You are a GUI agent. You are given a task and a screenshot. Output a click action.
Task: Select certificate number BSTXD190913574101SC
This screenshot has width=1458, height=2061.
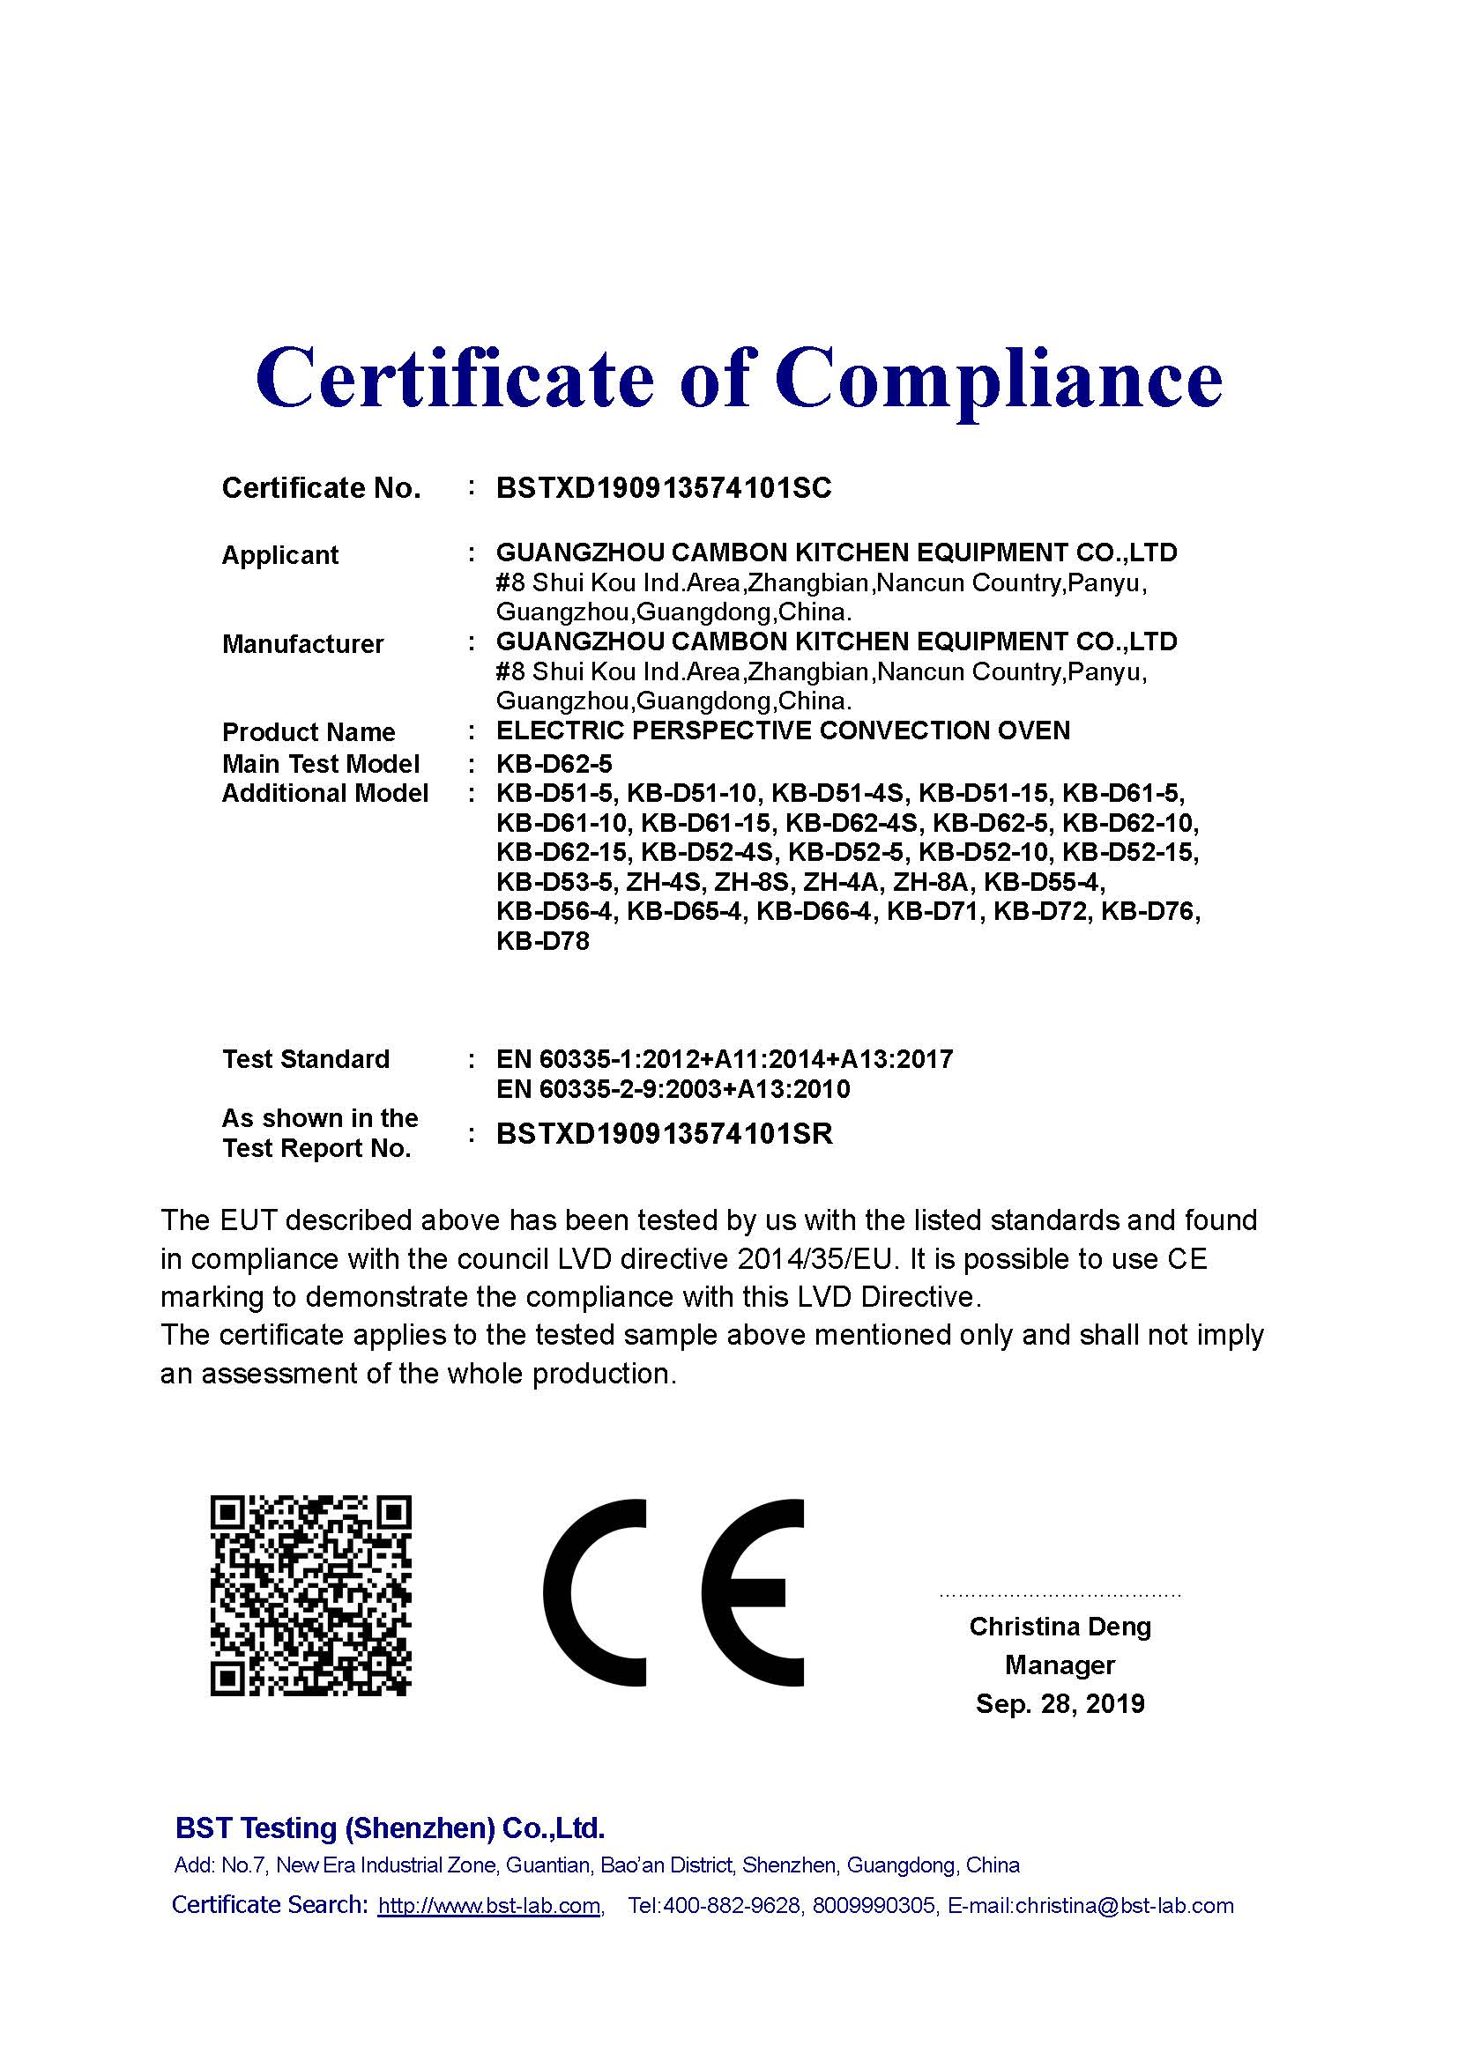pyautogui.click(x=664, y=488)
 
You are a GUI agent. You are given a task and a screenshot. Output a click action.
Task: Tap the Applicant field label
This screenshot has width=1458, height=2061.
pyautogui.click(x=280, y=555)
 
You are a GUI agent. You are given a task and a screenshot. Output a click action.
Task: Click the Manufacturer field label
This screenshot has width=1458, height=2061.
pyautogui.click(x=302, y=643)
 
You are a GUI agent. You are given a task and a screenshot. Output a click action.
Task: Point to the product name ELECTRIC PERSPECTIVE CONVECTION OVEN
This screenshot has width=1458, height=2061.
pyautogui.click(x=783, y=730)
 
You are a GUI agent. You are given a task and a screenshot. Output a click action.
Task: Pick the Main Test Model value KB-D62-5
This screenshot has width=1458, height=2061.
pyautogui.click(x=554, y=764)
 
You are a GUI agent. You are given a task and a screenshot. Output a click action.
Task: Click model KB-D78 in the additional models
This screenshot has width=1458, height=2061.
pyautogui.click(x=542, y=943)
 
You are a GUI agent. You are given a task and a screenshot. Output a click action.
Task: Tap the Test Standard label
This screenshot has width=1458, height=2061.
pyautogui.click(x=305, y=1059)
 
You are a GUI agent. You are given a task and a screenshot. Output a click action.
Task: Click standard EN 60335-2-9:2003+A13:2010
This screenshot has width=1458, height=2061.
pyautogui.click(x=673, y=1090)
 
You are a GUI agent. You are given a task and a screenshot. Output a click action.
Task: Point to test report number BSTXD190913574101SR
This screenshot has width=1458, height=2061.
pyautogui.click(x=665, y=1135)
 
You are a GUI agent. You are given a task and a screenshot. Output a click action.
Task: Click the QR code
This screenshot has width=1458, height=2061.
pyautogui.click(x=310, y=1595)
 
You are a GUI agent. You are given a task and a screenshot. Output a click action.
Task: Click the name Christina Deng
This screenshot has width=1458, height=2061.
pyautogui.click(x=1060, y=1627)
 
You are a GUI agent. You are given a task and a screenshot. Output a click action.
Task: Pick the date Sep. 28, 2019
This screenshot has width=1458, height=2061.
pyautogui.click(x=1060, y=1704)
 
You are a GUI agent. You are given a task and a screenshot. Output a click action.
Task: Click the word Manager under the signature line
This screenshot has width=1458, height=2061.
pyautogui.click(x=1060, y=1665)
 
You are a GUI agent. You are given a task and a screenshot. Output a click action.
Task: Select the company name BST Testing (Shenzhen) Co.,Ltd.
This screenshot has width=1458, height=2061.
pyautogui.click(x=390, y=1828)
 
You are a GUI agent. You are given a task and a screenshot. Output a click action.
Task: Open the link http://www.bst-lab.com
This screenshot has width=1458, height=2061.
pyautogui.click(x=489, y=1906)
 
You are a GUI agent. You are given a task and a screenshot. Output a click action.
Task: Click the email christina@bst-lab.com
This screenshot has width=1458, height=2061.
pyautogui.click(x=1124, y=1906)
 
